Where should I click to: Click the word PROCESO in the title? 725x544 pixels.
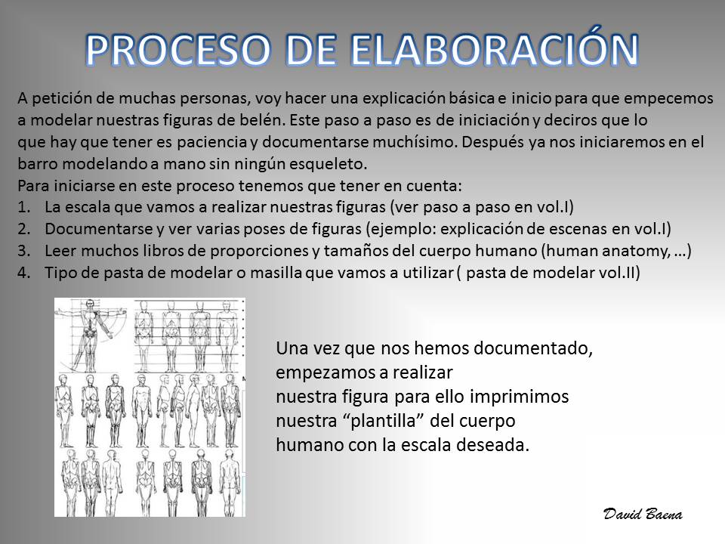click(x=178, y=50)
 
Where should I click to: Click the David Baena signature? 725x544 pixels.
click(x=643, y=514)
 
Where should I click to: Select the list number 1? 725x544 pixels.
click(x=23, y=207)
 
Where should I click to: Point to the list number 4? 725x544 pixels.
click(x=23, y=273)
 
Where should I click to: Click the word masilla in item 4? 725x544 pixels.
click(x=277, y=273)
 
